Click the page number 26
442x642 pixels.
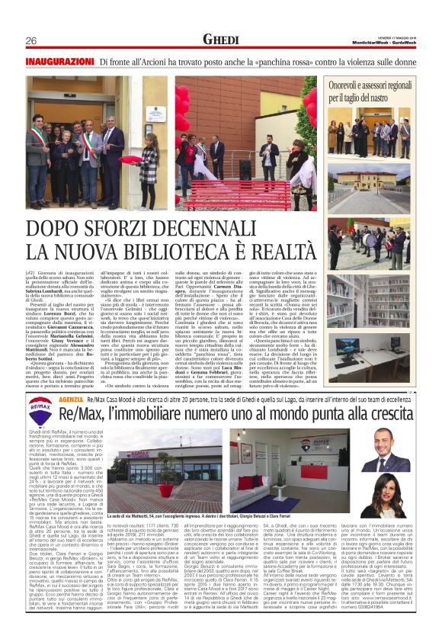point(31,40)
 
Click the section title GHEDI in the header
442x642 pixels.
point(221,39)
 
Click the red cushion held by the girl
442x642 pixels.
point(131,160)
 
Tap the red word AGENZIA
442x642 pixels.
point(70,400)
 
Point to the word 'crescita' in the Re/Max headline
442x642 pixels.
point(389,412)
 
